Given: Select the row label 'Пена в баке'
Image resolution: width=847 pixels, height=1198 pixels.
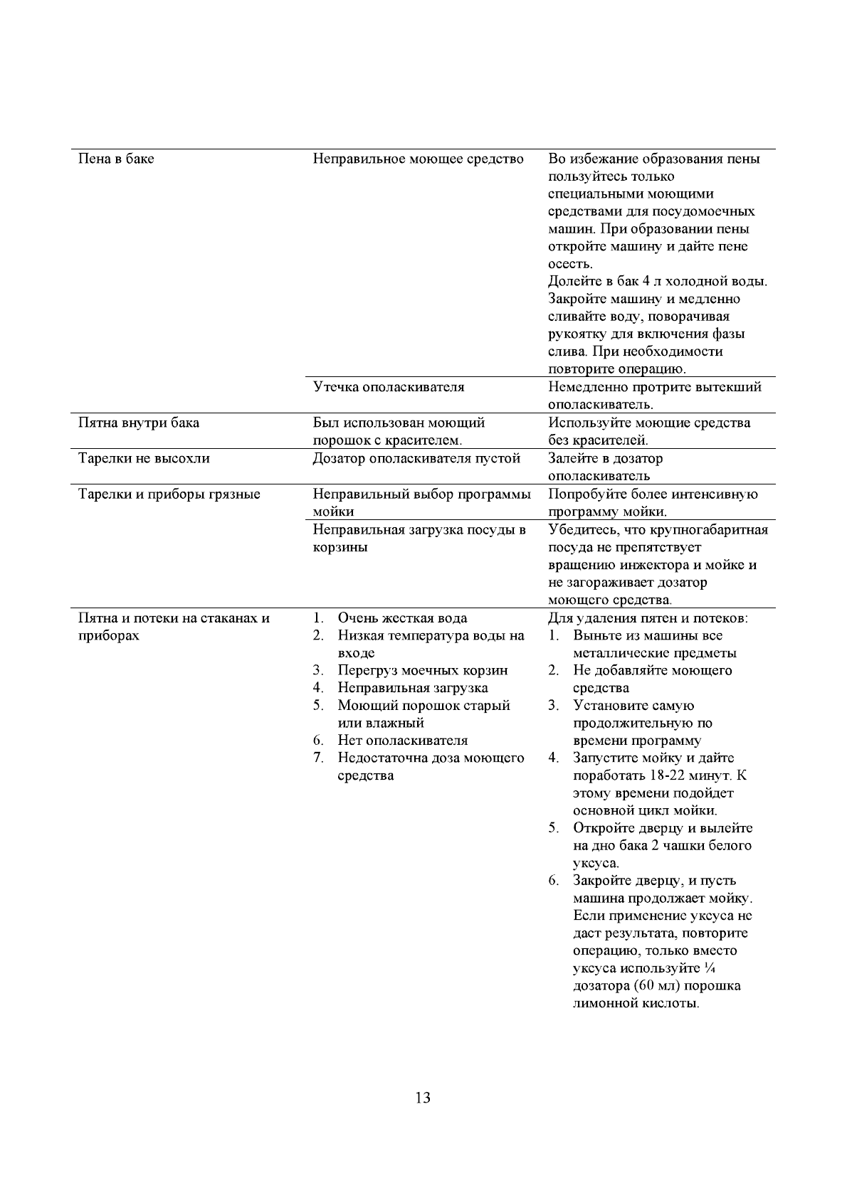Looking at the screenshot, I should coord(115,159).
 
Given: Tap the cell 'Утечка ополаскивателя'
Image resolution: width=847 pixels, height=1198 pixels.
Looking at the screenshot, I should coord(389,387).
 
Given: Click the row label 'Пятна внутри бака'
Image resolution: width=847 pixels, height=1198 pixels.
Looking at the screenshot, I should coord(138,423).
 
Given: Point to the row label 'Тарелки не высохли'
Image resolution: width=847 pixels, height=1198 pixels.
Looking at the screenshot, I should coord(143,458).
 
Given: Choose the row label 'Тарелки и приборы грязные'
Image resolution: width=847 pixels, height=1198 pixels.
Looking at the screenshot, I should coord(169,494).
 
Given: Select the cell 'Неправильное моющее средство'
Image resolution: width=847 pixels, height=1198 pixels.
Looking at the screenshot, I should coord(418,159).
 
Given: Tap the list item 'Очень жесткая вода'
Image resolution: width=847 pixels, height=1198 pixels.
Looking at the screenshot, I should coord(402,618).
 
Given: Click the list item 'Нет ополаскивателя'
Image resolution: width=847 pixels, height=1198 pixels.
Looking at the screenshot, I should coord(402,741).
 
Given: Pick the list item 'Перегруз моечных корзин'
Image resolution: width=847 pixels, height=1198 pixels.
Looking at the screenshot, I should coord(422,670).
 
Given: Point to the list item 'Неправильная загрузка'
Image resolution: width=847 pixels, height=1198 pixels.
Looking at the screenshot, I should coord(412,688).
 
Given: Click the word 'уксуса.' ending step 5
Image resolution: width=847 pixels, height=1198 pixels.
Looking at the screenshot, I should coord(596,864).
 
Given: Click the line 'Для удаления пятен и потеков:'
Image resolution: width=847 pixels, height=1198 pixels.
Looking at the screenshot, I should coord(648,618).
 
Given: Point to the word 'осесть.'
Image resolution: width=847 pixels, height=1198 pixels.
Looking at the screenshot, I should coord(570,264).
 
